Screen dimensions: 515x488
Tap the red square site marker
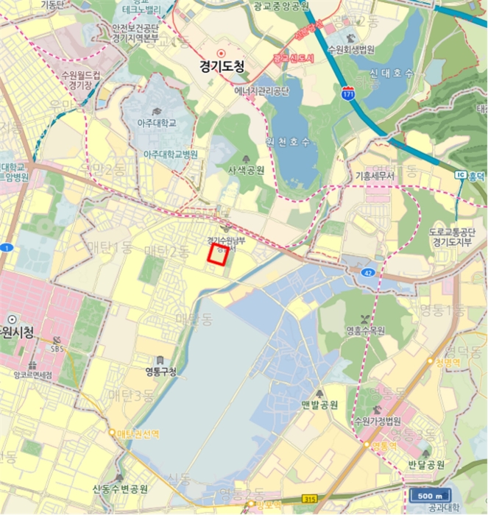pyautogui.click(x=218, y=255)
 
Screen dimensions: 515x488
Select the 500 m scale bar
pyautogui.click(x=430, y=494)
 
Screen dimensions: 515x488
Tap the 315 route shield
pyautogui.click(x=311, y=499)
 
